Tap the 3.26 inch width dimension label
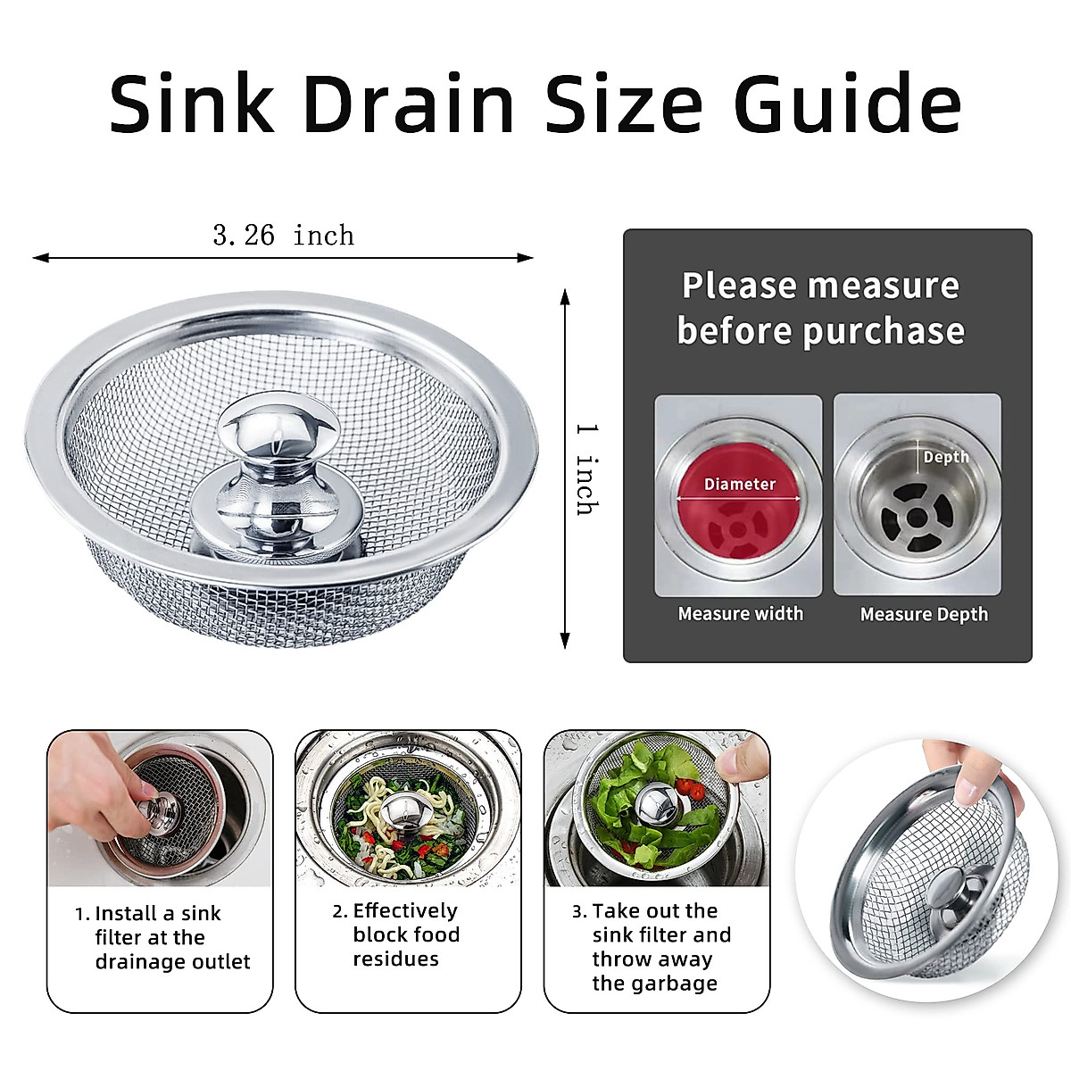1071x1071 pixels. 283,236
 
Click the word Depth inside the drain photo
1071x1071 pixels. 945,457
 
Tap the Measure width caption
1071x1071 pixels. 740,614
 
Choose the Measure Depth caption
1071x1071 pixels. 924,614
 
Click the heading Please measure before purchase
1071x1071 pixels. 820,308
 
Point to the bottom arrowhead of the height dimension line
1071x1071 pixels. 564,640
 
